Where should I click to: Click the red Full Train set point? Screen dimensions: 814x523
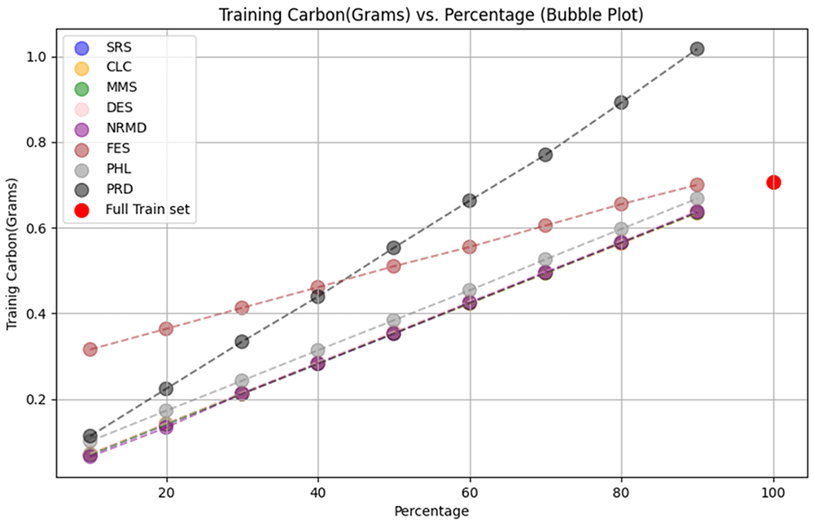tap(773, 182)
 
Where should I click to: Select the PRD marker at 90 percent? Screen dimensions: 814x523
tap(698, 49)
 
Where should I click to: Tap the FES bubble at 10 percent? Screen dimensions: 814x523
tap(90, 349)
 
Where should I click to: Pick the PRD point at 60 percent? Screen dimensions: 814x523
tap(470, 200)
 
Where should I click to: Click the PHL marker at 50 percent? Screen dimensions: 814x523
tap(393, 320)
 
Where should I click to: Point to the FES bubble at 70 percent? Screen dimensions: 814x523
tap(545, 226)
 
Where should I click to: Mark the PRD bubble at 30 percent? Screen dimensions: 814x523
tap(242, 341)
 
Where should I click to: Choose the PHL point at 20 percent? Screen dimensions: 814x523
tap(166, 411)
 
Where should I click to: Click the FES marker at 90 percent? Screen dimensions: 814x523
tap(698, 185)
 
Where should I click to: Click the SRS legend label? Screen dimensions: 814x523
tap(119, 47)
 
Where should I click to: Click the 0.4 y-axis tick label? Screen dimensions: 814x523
tap(37, 314)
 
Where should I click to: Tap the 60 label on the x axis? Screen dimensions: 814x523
tap(470, 492)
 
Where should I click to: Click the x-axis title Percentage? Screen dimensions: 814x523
tap(431, 512)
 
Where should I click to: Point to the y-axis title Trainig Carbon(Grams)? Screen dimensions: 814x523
tap(12, 254)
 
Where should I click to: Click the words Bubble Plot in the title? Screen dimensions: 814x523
tap(593, 15)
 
